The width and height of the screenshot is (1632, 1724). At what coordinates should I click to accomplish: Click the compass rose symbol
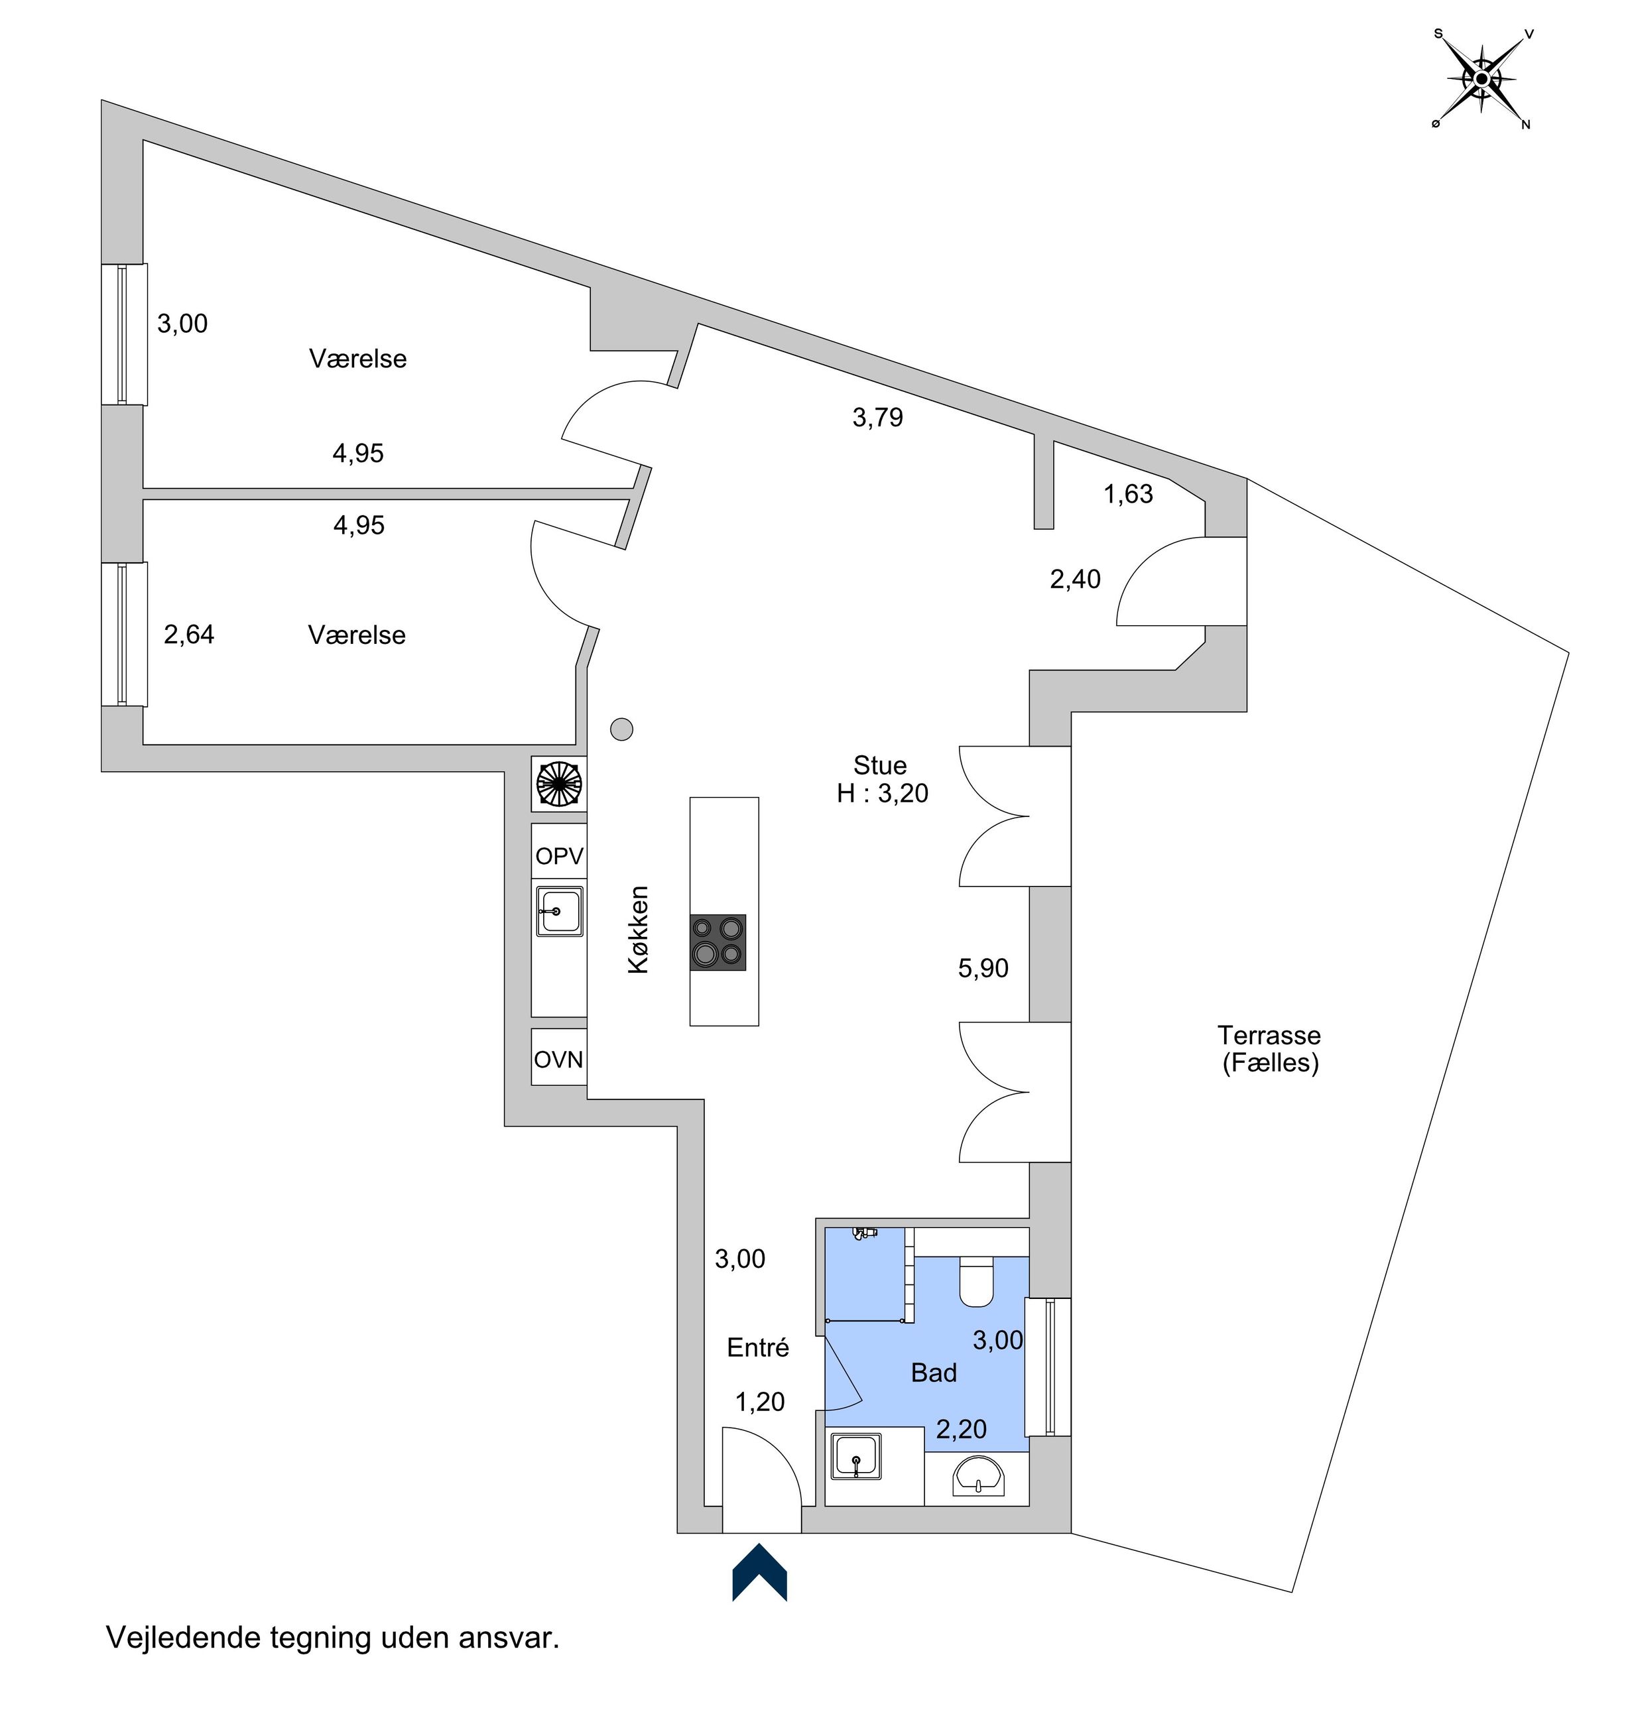[x=1481, y=79]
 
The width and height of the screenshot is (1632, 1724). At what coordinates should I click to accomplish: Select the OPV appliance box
[x=558, y=856]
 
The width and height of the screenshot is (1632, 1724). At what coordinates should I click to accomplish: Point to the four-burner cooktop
[x=718, y=943]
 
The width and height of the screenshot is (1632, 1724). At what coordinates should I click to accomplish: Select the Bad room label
[x=934, y=1373]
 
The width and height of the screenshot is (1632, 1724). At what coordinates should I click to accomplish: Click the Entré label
[x=758, y=1347]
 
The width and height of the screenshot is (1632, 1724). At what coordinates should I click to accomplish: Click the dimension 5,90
[x=983, y=968]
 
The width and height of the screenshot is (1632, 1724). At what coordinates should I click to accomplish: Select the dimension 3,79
[x=878, y=418]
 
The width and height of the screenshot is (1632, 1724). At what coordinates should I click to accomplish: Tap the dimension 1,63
[x=1128, y=494]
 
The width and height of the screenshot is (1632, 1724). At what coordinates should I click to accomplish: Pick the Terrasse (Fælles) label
[x=1269, y=1048]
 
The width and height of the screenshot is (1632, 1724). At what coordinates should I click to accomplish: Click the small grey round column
[x=621, y=729]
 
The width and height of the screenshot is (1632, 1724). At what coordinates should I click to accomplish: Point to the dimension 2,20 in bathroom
[x=962, y=1429]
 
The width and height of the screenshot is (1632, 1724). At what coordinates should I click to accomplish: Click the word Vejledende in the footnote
[x=184, y=1638]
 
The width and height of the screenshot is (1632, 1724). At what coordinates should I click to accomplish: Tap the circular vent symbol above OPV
[x=558, y=783]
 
